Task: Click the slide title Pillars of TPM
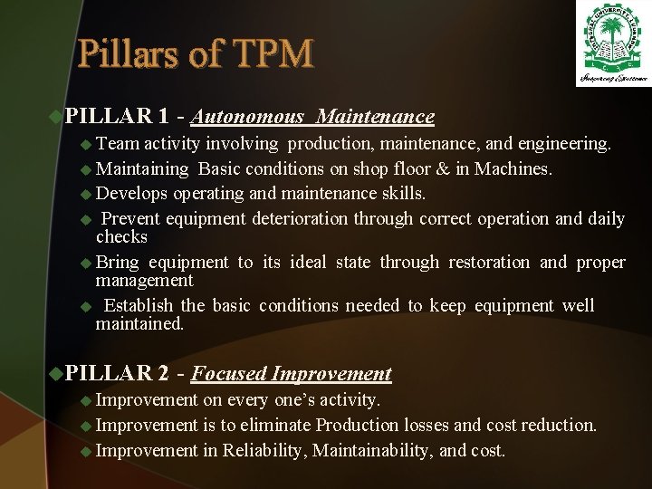pyautogui.click(x=196, y=54)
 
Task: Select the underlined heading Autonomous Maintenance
pyautogui.click(x=313, y=117)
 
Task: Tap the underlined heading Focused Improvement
pyautogui.click(x=292, y=374)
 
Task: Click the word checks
pyautogui.click(x=121, y=237)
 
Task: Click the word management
pyautogui.click(x=144, y=281)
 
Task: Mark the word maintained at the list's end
pyautogui.click(x=138, y=324)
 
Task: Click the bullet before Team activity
pyautogui.click(x=86, y=144)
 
